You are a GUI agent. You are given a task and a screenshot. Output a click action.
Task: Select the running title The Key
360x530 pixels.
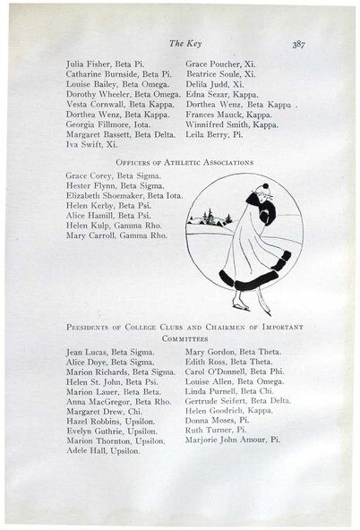point(182,44)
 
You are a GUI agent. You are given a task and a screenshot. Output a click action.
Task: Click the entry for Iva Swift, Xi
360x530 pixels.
point(90,143)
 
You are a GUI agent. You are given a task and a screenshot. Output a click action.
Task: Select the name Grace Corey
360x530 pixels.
point(89,179)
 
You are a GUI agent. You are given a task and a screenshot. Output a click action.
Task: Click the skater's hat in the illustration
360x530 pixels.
point(264,189)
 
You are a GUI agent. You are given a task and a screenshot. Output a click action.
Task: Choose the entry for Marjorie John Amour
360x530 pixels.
point(233,440)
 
